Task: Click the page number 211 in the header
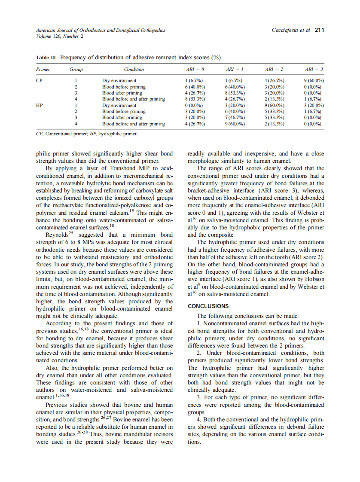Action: click(319, 31)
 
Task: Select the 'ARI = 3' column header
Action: click(314, 69)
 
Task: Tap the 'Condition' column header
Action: click(134, 69)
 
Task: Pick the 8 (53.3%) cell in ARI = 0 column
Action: click(194, 99)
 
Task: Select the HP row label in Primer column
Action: click(39, 105)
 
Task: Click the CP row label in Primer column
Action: click(39, 80)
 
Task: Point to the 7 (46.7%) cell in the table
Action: click(235, 117)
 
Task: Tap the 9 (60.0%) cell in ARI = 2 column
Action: click(274, 105)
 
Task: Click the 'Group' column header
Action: click(76, 69)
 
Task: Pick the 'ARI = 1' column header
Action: click(235, 69)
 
